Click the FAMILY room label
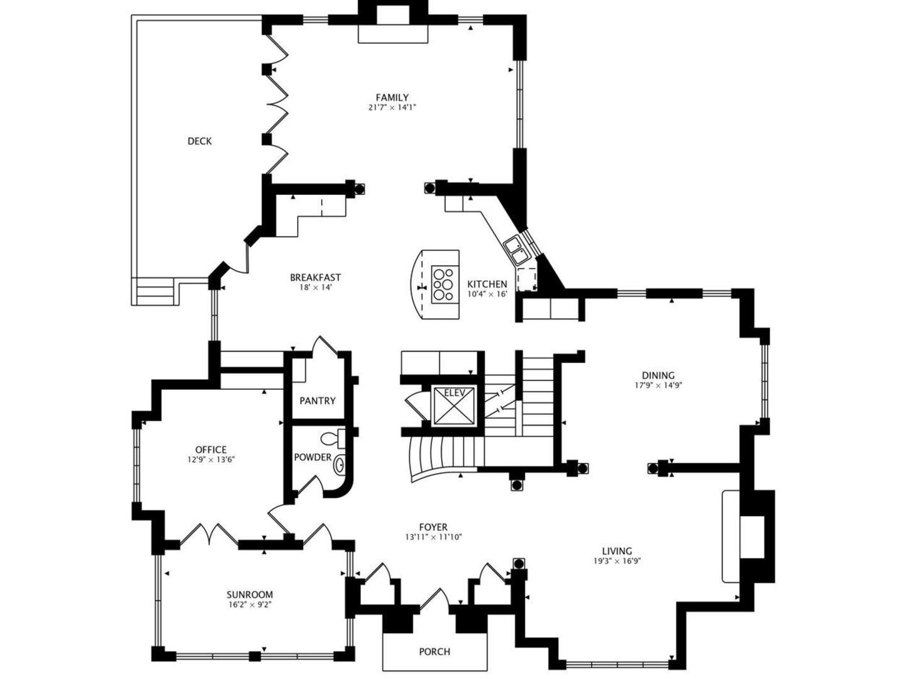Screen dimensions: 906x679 392,97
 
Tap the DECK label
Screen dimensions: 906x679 200,141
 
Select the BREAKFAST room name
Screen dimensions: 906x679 316,277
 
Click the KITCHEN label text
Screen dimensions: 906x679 487,284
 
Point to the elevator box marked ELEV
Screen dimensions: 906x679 454,406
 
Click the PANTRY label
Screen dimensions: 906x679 318,400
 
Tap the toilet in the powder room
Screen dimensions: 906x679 333,438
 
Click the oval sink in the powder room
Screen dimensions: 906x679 339,465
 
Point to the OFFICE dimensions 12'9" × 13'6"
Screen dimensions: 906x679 211,460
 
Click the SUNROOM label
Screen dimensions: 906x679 250,595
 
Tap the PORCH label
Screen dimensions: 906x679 434,652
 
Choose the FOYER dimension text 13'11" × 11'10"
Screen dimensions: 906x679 433,537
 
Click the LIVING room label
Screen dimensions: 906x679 617,551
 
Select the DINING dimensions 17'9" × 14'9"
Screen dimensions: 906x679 658,385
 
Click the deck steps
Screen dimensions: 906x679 155,292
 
